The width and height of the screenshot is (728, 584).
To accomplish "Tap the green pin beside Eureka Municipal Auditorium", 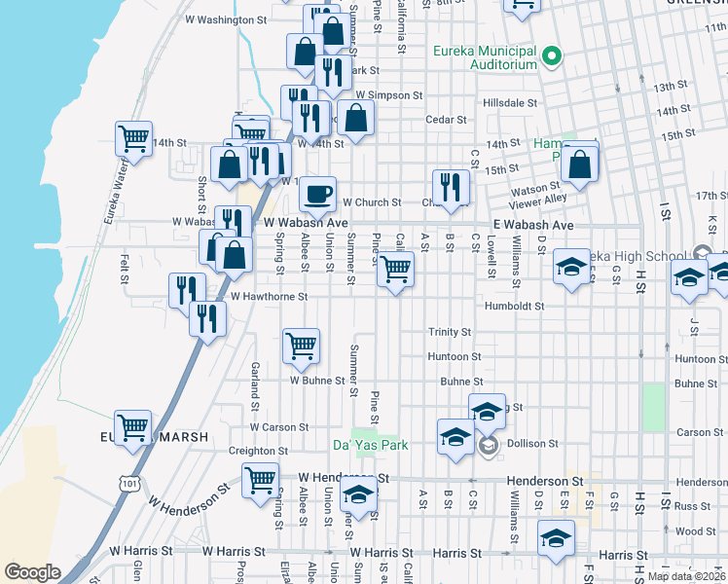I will pyautogui.click(x=552, y=56).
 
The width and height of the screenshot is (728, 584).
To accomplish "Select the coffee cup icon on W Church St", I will pyautogui.click(x=318, y=194).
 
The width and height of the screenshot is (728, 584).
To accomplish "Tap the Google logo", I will pyautogui.click(x=33, y=571).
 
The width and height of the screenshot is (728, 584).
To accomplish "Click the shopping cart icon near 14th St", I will pyautogui.click(x=133, y=137).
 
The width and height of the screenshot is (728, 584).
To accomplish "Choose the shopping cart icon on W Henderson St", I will pyautogui.click(x=261, y=479).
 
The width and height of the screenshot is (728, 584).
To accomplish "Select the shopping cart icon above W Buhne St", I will pyautogui.click(x=301, y=345).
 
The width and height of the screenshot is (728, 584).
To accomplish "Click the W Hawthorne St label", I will pyautogui.click(x=269, y=297).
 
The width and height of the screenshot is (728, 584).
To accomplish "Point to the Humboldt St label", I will pyautogui.click(x=513, y=306).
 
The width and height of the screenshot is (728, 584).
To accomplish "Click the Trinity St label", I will pyautogui.click(x=450, y=332).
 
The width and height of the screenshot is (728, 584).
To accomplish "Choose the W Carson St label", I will pyautogui.click(x=278, y=427).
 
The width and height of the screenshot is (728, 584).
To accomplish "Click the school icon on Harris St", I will pyautogui.click(x=555, y=537).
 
